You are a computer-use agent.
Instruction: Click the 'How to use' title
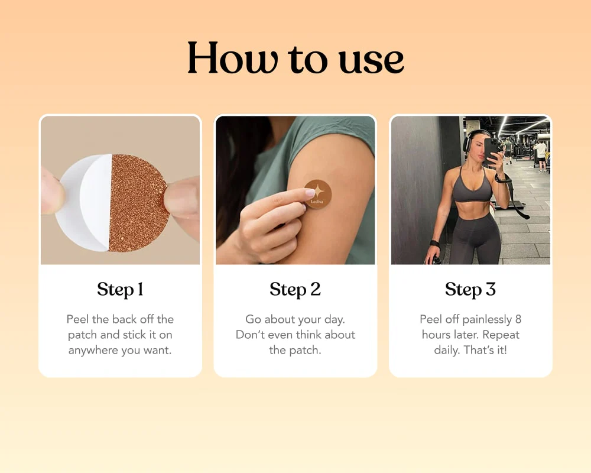295,59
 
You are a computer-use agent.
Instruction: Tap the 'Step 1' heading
120,290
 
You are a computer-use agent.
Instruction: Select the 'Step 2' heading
295,290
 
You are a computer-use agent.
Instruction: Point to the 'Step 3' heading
470,290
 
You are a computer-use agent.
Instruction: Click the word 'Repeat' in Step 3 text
501,335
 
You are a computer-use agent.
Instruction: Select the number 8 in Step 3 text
518,319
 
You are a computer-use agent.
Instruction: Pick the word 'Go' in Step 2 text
253,319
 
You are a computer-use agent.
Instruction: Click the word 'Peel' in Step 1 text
77,319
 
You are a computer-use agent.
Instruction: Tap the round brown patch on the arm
318,194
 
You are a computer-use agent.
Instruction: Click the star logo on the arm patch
319,191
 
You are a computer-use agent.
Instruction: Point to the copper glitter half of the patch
138,203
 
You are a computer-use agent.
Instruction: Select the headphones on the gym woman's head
469,142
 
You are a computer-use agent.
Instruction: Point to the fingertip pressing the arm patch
309,193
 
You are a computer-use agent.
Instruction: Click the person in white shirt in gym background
541,155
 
